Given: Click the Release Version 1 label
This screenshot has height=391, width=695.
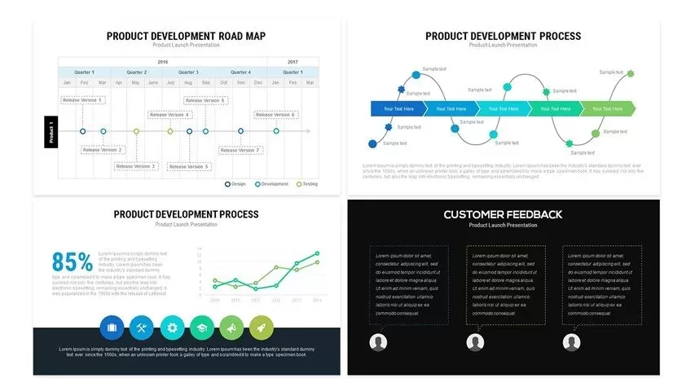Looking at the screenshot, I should pyautogui.click(x=82, y=100).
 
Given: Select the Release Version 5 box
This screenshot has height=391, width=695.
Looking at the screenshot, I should pyautogui.click(x=189, y=166).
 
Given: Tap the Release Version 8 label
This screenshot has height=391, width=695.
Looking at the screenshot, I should pyautogui.click(x=275, y=115).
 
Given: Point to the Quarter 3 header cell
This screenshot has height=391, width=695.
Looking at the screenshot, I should pyautogui.click(x=188, y=72).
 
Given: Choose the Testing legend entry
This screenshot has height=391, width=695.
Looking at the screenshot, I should pyautogui.click(x=307, y=184).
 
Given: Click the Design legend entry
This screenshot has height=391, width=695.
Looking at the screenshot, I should pyautogui.click(x=235, y=184).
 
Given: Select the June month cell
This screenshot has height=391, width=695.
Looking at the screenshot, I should pyautogui.click(x=153, y=82).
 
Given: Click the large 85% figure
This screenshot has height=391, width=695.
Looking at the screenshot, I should pyautogui.click(x=73, y=262).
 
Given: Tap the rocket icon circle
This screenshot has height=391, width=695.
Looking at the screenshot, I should pyautogui.click(x=261, y=327).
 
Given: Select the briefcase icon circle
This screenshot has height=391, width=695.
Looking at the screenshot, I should pyautogui.click(x=112, y=327).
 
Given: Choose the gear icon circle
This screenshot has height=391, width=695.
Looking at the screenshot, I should pyautogui.click(x=171, y=327).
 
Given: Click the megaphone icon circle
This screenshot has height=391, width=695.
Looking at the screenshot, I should pyautogui.click(x=231, y=327).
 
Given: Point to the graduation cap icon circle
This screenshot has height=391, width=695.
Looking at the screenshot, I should pyautogui.click(x=201, y=327).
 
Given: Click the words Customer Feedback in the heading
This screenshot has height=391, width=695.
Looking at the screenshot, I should pyautogui.click(x=503, y=214).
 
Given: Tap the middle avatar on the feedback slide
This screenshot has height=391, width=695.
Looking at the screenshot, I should pyautogui.click(x=475, y=343).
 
